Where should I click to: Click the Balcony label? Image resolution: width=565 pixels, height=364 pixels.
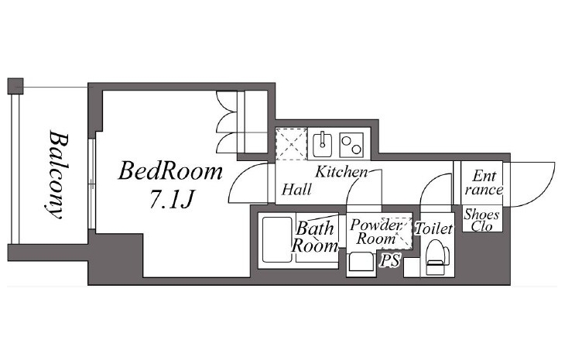(x=55, y=175)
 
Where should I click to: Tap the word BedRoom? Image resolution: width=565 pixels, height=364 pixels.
(x=170, y=171)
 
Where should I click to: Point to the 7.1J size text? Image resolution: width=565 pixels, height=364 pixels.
(x=173, y=199)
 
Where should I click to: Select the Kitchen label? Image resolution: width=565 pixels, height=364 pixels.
(x=341, y=172)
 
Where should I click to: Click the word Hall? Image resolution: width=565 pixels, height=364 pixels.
(x=296, y=190)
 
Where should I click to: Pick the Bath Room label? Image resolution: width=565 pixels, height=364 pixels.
(x=314, y=237)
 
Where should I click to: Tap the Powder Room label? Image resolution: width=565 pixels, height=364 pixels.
(x=375, y=232)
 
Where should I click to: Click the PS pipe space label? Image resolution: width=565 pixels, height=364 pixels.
(x=389, y=260)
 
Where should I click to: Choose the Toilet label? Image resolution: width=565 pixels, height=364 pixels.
(x=434, y=228)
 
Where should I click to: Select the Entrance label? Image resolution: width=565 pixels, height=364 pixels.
(x=483, y=183)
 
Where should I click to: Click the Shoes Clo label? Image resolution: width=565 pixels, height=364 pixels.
(x=481, y=220)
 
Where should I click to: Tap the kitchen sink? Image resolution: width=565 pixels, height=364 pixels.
(x=322, y=144)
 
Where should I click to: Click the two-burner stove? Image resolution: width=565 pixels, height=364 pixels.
(x=351, y=145)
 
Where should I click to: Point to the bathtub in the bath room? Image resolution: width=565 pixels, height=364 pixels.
(x=277, y=239)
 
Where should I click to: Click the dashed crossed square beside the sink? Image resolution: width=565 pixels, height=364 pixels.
(x=291, y=144)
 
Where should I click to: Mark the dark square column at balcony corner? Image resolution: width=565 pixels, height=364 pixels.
(x=15, y=86)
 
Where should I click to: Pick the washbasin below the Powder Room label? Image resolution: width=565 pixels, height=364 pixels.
(x=361, y=263)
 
